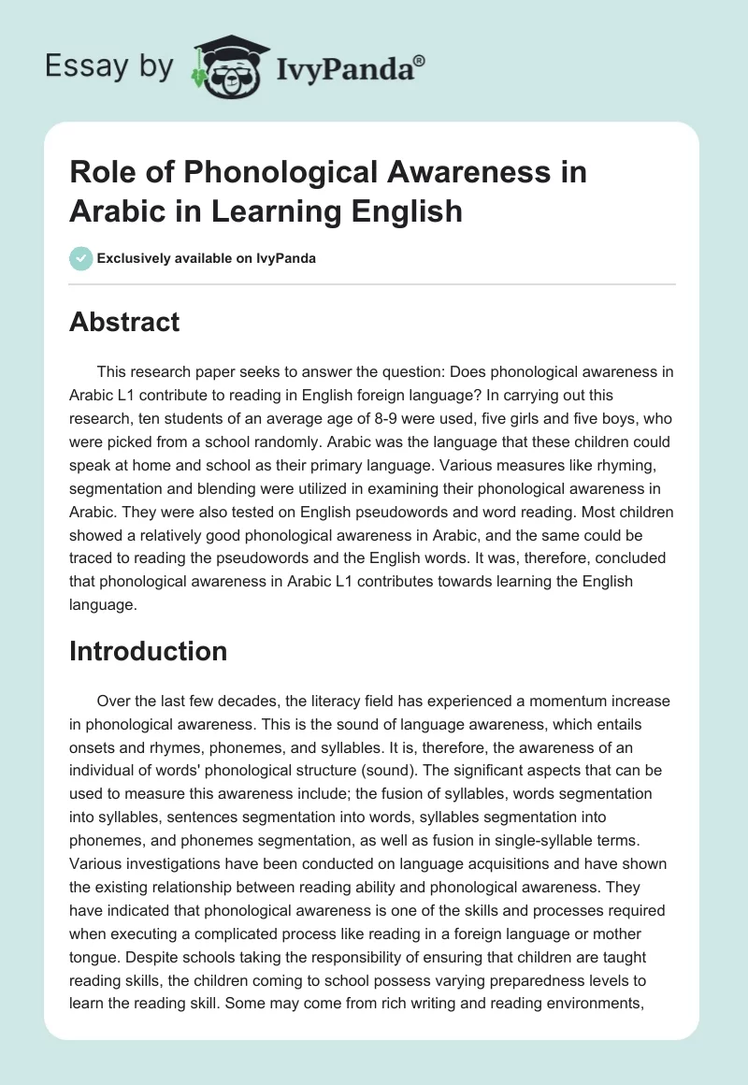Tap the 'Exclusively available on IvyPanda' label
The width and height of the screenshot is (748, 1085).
[206, 258]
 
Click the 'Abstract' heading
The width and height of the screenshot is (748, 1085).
[124, 322]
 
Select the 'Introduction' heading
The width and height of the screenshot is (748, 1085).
[148, 651]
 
